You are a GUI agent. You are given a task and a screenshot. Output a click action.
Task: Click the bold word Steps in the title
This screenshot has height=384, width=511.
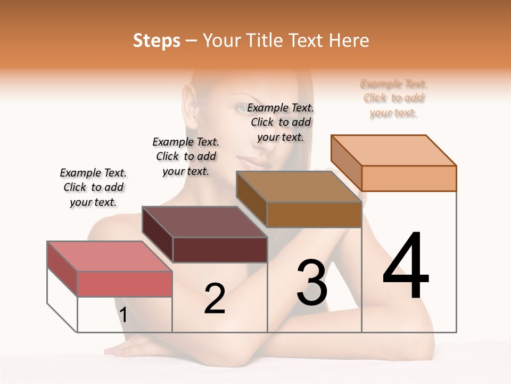click(156, 41)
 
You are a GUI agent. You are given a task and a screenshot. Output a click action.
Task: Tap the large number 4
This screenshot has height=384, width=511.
click(406, 266)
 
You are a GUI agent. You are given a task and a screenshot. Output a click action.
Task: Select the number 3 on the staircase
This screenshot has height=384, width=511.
click(312, 283)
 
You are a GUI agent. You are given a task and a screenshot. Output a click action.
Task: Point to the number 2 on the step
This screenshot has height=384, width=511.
click(215, 299)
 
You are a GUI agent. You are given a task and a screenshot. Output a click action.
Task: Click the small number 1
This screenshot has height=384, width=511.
click(123, 315)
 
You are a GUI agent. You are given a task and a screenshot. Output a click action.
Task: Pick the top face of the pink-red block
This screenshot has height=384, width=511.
click(109, 256)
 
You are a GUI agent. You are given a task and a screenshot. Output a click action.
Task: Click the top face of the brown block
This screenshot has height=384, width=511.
click(299, 187)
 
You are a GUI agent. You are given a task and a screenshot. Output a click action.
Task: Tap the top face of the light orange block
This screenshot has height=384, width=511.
click(393, 150)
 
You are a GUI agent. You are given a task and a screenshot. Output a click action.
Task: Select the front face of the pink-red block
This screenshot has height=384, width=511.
click(125, 284)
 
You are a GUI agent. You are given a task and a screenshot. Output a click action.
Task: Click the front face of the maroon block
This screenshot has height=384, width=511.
click(220, 250)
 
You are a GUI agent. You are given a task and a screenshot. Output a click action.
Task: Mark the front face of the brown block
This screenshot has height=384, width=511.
click(314, 214)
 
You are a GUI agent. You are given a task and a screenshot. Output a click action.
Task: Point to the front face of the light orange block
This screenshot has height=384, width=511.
click(409, 178)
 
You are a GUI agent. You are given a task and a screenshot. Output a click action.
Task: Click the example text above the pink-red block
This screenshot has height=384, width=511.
click(93, 187)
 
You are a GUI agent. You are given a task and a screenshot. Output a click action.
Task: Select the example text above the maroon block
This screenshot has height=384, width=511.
click(186, 156)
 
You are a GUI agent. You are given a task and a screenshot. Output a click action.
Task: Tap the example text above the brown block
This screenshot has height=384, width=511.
click(281, 122)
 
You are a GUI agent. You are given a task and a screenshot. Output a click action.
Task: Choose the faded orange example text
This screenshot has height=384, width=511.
click(393, 98)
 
